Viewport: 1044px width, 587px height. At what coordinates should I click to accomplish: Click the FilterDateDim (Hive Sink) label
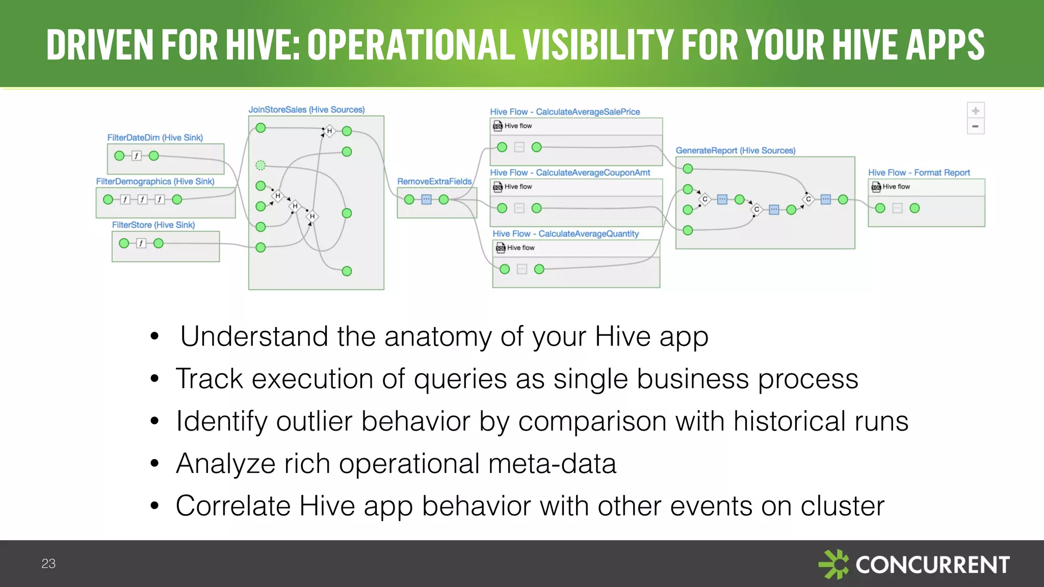[155, 138]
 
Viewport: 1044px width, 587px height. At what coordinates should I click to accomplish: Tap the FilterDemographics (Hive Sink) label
[155, 181]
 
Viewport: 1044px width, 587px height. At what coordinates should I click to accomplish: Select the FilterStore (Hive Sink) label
[153, 225]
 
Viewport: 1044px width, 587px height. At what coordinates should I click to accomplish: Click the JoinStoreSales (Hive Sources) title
[306, 110]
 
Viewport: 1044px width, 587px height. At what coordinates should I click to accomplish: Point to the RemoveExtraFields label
[434, 181]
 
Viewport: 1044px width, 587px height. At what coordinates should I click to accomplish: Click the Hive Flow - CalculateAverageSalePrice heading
[565, 112]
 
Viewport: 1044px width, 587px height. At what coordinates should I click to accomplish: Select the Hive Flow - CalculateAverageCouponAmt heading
[570, 173]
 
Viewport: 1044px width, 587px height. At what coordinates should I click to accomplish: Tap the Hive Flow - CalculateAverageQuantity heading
[565, 233]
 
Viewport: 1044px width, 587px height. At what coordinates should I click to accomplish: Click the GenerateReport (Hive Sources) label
[735, 150]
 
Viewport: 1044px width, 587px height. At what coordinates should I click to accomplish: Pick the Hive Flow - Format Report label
[919, 173]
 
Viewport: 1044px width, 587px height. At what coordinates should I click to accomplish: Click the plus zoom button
[975, 111]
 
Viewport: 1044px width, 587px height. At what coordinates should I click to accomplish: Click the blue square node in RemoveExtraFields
[427, 199]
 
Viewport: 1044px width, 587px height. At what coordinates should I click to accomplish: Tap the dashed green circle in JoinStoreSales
[260, 165]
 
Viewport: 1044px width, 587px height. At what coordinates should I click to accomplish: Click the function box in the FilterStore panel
[141, 244]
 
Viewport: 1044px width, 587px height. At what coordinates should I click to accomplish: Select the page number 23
[48, 564]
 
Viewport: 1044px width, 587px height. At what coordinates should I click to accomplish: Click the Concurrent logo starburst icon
[834, 564]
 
